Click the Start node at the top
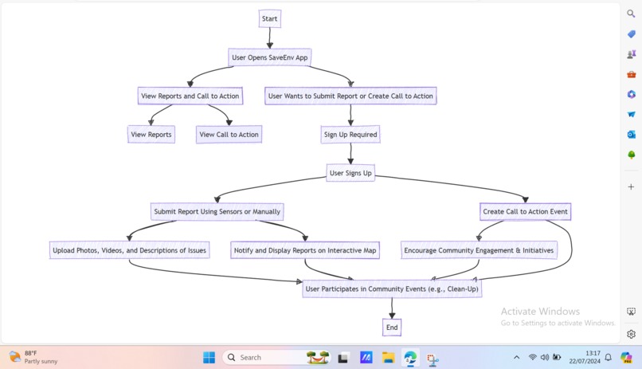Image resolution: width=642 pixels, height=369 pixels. [269, 19]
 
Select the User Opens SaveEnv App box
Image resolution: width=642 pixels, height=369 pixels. [269, 57]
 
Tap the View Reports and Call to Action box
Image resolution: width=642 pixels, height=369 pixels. [190, 96]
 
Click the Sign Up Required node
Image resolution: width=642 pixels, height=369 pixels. [350, 135]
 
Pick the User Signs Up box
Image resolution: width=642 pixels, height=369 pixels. [350, 173]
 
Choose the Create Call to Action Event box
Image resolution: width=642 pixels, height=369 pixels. [525, 212]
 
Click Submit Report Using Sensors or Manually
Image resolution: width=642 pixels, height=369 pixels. [217, 212]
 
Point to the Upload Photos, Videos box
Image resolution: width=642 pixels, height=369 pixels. [129, 250]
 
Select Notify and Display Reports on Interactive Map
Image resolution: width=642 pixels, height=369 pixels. [305, 250]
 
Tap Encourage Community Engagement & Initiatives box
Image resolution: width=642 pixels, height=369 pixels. [479, 250]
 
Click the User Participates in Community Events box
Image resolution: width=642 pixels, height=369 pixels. [392, 289]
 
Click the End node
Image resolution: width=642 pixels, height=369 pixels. [392, 327]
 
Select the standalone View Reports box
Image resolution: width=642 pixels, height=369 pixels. [151, 135]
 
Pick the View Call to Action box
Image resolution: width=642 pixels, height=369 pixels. [229, 135]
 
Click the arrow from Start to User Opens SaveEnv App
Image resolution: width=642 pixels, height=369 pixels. [270, 38]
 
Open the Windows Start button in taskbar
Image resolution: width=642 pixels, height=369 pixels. [209, 358]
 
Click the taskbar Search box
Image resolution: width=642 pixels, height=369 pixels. [263, 358]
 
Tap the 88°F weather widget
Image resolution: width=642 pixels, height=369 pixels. [32, 357]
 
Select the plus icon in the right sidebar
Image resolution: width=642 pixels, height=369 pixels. [631, 186]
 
